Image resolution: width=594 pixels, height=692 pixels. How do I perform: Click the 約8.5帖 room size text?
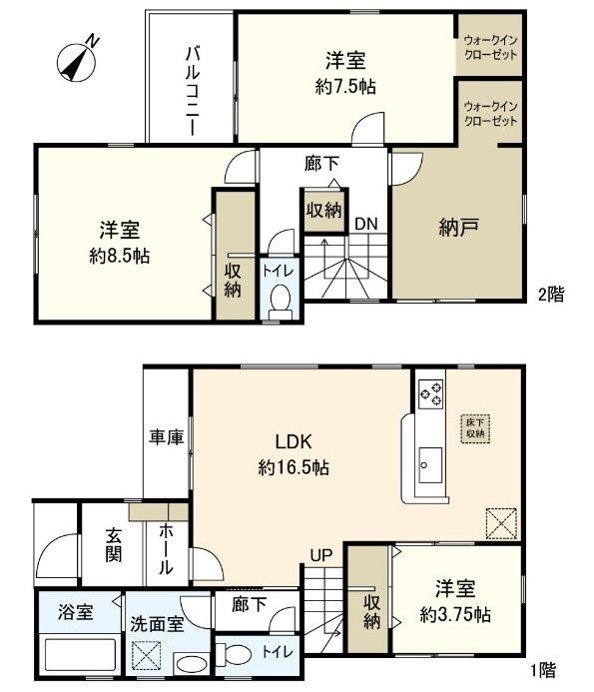click(x=119, y=256)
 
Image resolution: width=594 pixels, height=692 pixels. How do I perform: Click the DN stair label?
click(x=366, y=224)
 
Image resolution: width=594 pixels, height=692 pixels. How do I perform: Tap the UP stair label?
click(x=320, y=554)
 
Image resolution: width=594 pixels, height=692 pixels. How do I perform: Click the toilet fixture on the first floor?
click(x=234, y=654)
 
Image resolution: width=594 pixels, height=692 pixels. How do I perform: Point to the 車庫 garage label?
click(x=166, y=436)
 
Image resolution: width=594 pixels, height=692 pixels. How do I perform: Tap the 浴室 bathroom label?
click(x=77, y=612)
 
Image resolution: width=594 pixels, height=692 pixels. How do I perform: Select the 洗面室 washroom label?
click(x=155, y=623)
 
